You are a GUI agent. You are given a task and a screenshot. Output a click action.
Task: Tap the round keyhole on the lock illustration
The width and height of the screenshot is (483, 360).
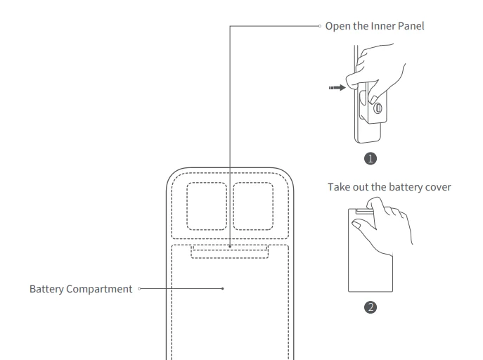(378, 108)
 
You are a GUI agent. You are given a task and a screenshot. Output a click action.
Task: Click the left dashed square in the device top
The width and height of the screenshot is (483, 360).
(206, 206)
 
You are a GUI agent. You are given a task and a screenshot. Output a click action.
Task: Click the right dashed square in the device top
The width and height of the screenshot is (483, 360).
(253, 206)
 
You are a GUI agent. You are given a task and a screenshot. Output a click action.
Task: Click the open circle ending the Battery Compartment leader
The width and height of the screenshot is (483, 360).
(141, 288)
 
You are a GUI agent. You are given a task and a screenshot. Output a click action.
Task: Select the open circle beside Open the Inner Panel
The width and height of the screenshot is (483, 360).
(320, 27)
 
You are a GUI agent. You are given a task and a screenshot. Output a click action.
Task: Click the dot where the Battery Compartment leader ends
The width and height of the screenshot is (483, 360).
(223, 288)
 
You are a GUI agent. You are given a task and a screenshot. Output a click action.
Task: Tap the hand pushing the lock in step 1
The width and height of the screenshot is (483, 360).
(380, 70)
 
